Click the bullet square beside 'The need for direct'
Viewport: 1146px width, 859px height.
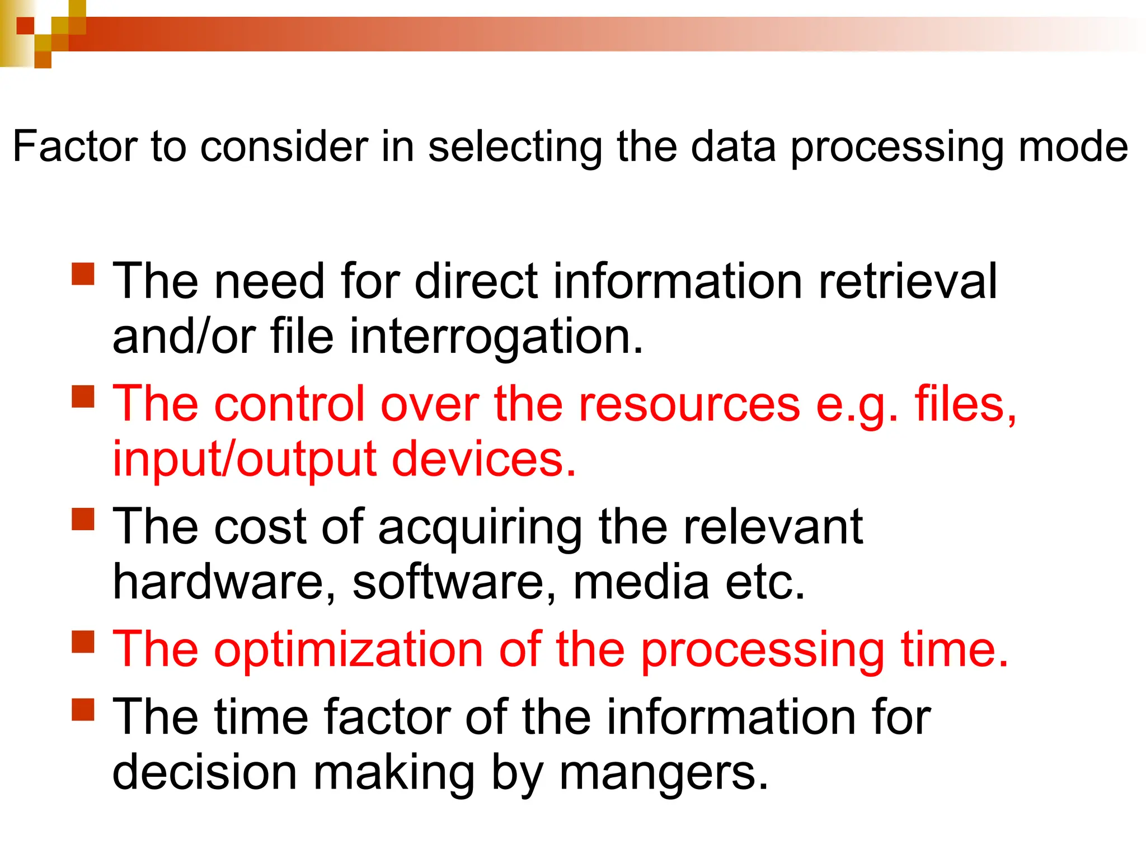click(83, 274)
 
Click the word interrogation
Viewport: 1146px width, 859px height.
click(496, 338)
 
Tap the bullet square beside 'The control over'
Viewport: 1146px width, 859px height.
click(83, 397)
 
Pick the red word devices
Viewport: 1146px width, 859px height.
click(483, 460)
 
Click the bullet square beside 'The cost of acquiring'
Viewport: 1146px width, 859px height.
click(83, 519)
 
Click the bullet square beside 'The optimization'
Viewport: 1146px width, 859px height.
click(83, 642)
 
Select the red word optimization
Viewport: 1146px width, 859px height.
click(348, 650)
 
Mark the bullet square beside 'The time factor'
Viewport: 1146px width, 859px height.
click(83, 709)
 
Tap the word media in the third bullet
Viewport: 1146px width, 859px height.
click(641, 582)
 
